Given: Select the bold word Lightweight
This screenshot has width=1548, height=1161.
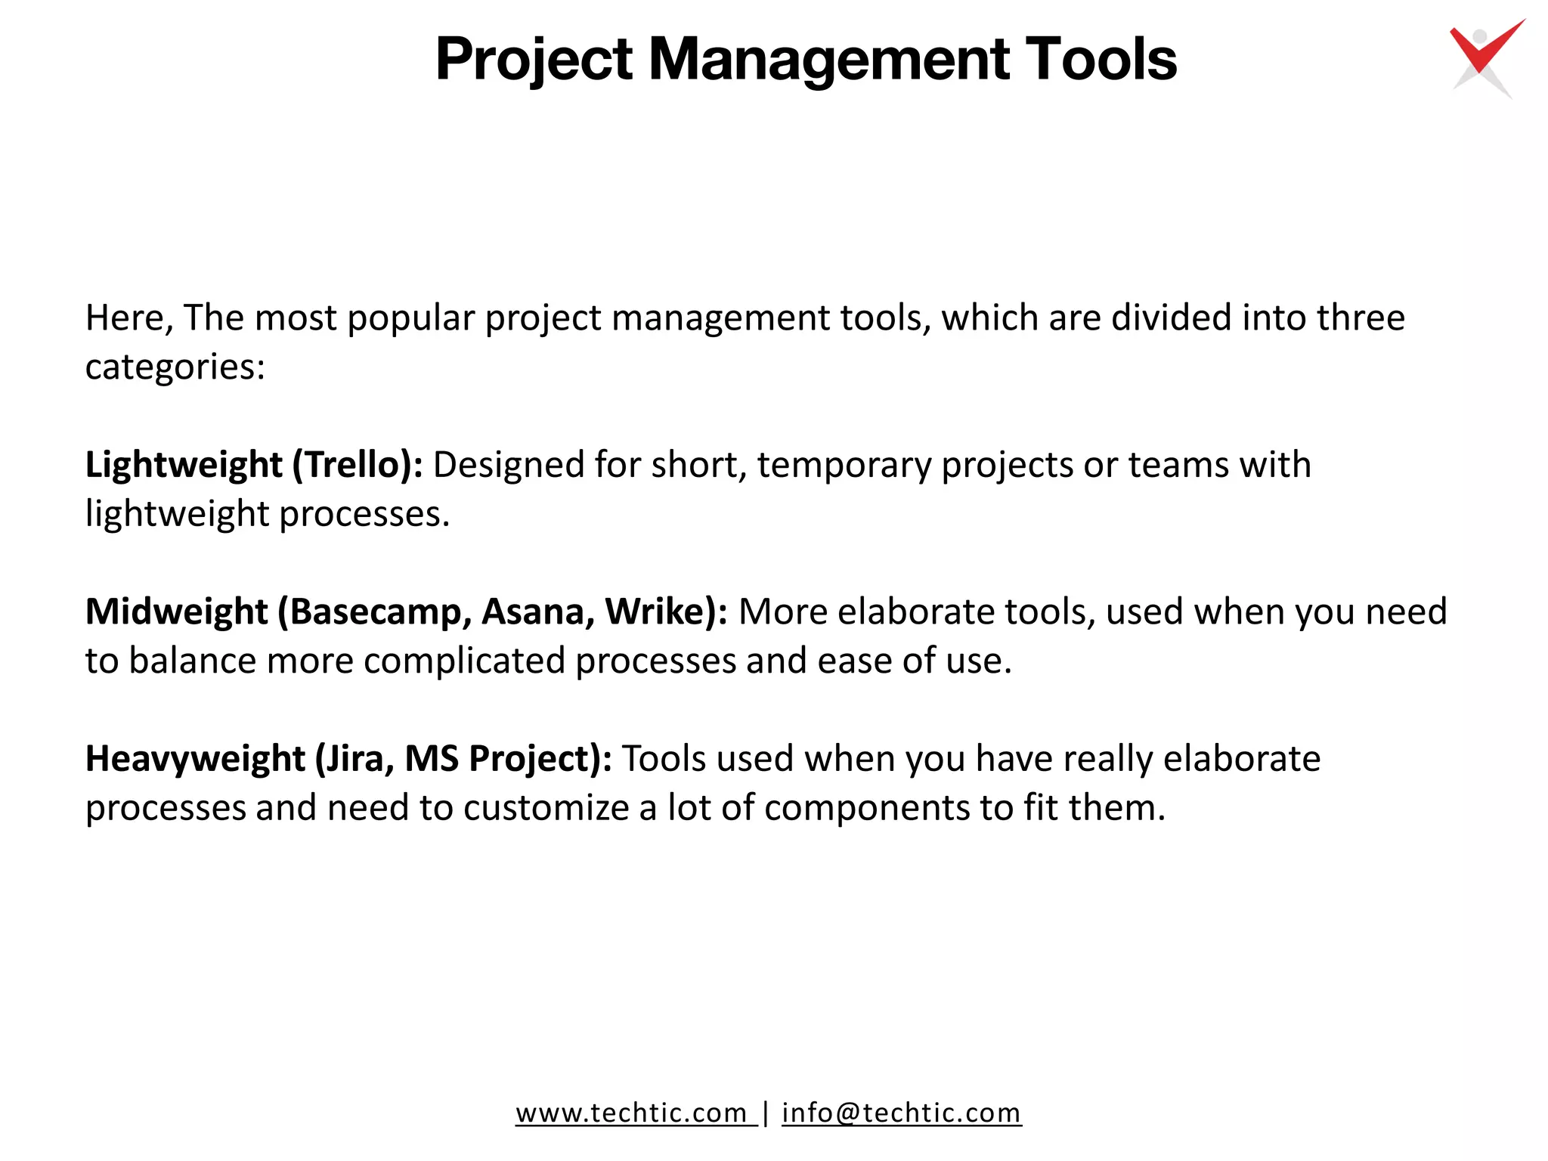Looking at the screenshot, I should point(184,464).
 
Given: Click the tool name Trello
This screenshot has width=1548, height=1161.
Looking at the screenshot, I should point(354,464).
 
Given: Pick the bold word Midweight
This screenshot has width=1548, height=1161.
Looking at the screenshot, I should point(176,611).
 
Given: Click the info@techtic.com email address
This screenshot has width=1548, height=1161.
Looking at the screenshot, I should point(901,1113).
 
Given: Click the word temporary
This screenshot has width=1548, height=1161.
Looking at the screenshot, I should point(844,464).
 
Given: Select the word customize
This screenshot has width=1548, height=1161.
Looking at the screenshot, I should point(546,807).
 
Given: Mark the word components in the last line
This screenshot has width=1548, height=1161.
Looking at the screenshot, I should point(867,807).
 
